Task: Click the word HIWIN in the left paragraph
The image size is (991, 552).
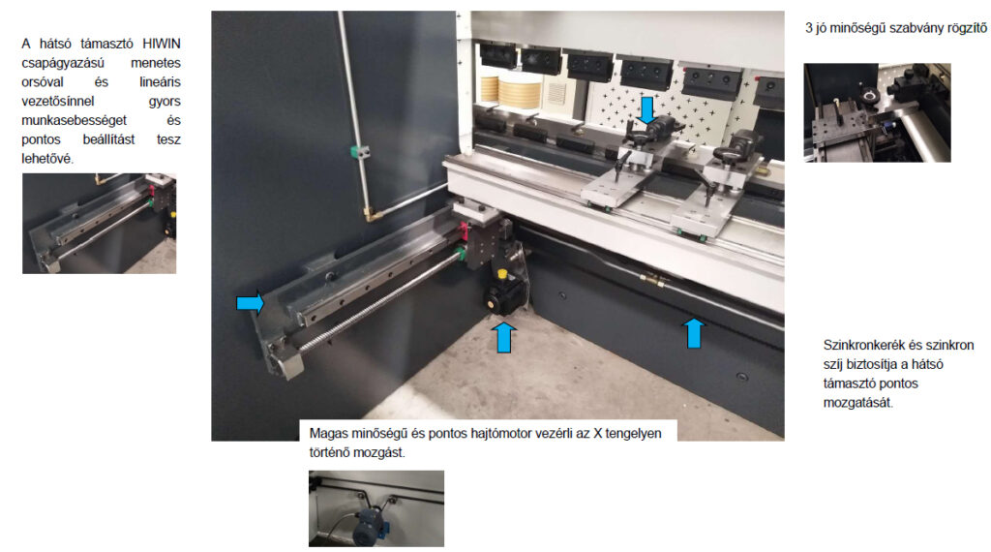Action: coord(162,44)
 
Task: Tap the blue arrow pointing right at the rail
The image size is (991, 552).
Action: coord(251,303)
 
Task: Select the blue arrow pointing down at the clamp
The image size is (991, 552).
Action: coord(647,110)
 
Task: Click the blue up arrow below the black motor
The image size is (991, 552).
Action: coord(503,337)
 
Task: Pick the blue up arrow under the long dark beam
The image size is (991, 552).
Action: coord(693,332)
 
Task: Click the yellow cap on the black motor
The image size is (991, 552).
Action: coord(502,274)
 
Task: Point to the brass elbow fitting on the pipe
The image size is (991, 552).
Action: coord(373,214)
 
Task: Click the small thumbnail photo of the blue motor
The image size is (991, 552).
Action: coord(376,508)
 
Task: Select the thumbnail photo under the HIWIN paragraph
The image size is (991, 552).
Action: coord(100,224)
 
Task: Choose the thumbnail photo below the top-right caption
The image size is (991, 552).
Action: coord(877,112)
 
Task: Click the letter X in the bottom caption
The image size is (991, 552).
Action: coord(597,434)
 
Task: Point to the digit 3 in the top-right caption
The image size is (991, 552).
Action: coord(809,28)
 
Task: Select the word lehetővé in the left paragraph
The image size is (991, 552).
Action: coord(47,159)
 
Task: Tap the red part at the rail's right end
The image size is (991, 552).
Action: coord(464,231)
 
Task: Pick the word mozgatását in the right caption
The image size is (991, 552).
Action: coord(857,403)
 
